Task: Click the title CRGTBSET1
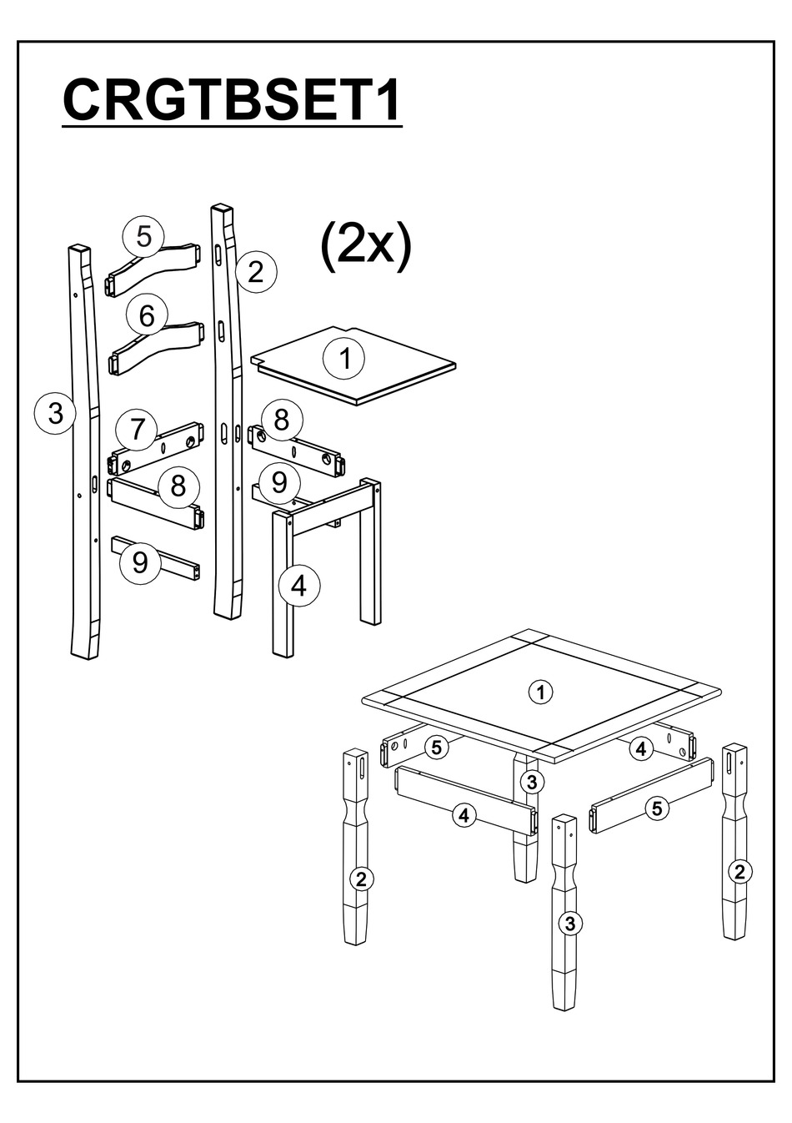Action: pos(232,99)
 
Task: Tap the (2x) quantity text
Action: pos(366,246)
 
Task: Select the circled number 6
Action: pos(147,315)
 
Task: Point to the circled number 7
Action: pos(136,429)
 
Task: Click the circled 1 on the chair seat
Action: pos(344,359)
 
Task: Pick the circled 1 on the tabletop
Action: pos(541,692)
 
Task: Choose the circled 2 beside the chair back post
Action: pos(256,273)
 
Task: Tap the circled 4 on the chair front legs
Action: pos(299,585)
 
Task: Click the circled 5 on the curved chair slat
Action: pos(143,237)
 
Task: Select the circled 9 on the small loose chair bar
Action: pos(140,562)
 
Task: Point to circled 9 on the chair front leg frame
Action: pos(279,482)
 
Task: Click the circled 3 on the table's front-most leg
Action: pos(570,923)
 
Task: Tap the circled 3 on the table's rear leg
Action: pos(532,782)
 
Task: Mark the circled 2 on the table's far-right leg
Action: pos(739,872)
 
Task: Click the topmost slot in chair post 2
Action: pos(219,254)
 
